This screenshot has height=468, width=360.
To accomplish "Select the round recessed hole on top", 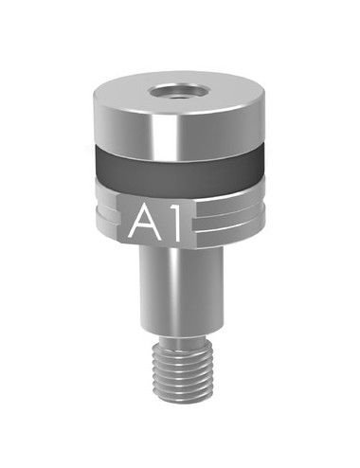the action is [x=176, y=92].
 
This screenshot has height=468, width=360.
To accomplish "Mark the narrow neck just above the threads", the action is [x=181, y=339].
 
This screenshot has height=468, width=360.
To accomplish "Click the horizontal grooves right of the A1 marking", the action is [x=228, y=218].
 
